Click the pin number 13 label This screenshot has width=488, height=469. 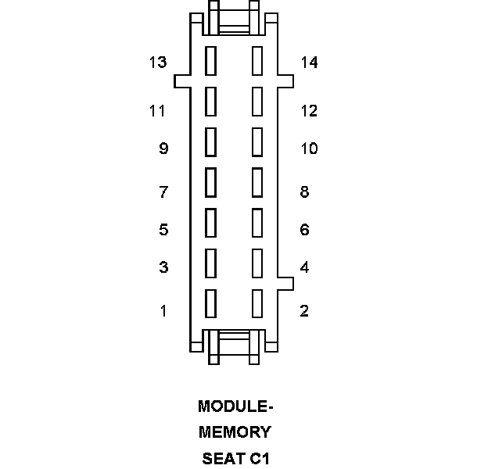point(158,62)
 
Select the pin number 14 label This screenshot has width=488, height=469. point(309,62)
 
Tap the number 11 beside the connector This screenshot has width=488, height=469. point(158,110)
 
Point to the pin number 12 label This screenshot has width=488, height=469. point(309,110)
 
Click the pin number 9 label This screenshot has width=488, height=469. point(163,148)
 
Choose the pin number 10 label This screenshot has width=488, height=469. point(309,148)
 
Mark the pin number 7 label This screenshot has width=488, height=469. point(163,192)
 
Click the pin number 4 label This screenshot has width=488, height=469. point(304,267)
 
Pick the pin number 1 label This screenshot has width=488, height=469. point(163,310)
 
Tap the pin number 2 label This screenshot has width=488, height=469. point(304,310)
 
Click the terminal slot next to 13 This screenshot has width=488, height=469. point(210,61)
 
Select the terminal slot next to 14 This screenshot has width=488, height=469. point(257,61)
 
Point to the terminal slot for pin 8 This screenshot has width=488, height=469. point(257,182)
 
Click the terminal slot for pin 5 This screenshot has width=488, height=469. point(210,222)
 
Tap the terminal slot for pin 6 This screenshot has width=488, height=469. point(257,222)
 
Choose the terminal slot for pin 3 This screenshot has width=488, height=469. point(210,263)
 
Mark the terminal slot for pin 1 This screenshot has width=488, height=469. point(210,303)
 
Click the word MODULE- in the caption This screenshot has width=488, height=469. point(235,406)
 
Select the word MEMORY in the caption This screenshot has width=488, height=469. point(235,431)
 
